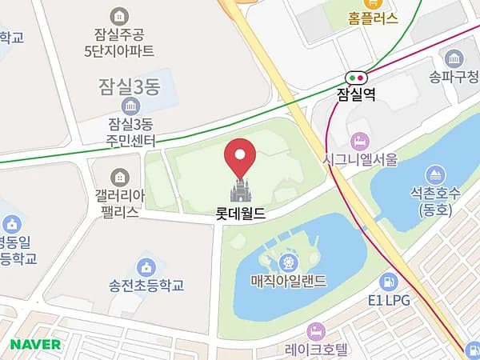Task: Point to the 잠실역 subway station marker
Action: tap(356, 78)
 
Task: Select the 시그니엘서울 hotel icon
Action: tap(359, 141)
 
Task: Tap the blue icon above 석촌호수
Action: tap(435, 174)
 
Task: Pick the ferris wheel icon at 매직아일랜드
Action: tap(286, 262)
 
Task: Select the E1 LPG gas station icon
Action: tap(389, 282)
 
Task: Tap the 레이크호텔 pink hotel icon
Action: tap(316, 330)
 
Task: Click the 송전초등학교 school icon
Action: tap(146, 267)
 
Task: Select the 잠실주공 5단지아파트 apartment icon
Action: tap(119, 15)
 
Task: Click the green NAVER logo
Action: tap(36, 344)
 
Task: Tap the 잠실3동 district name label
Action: tap(130, 85)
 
